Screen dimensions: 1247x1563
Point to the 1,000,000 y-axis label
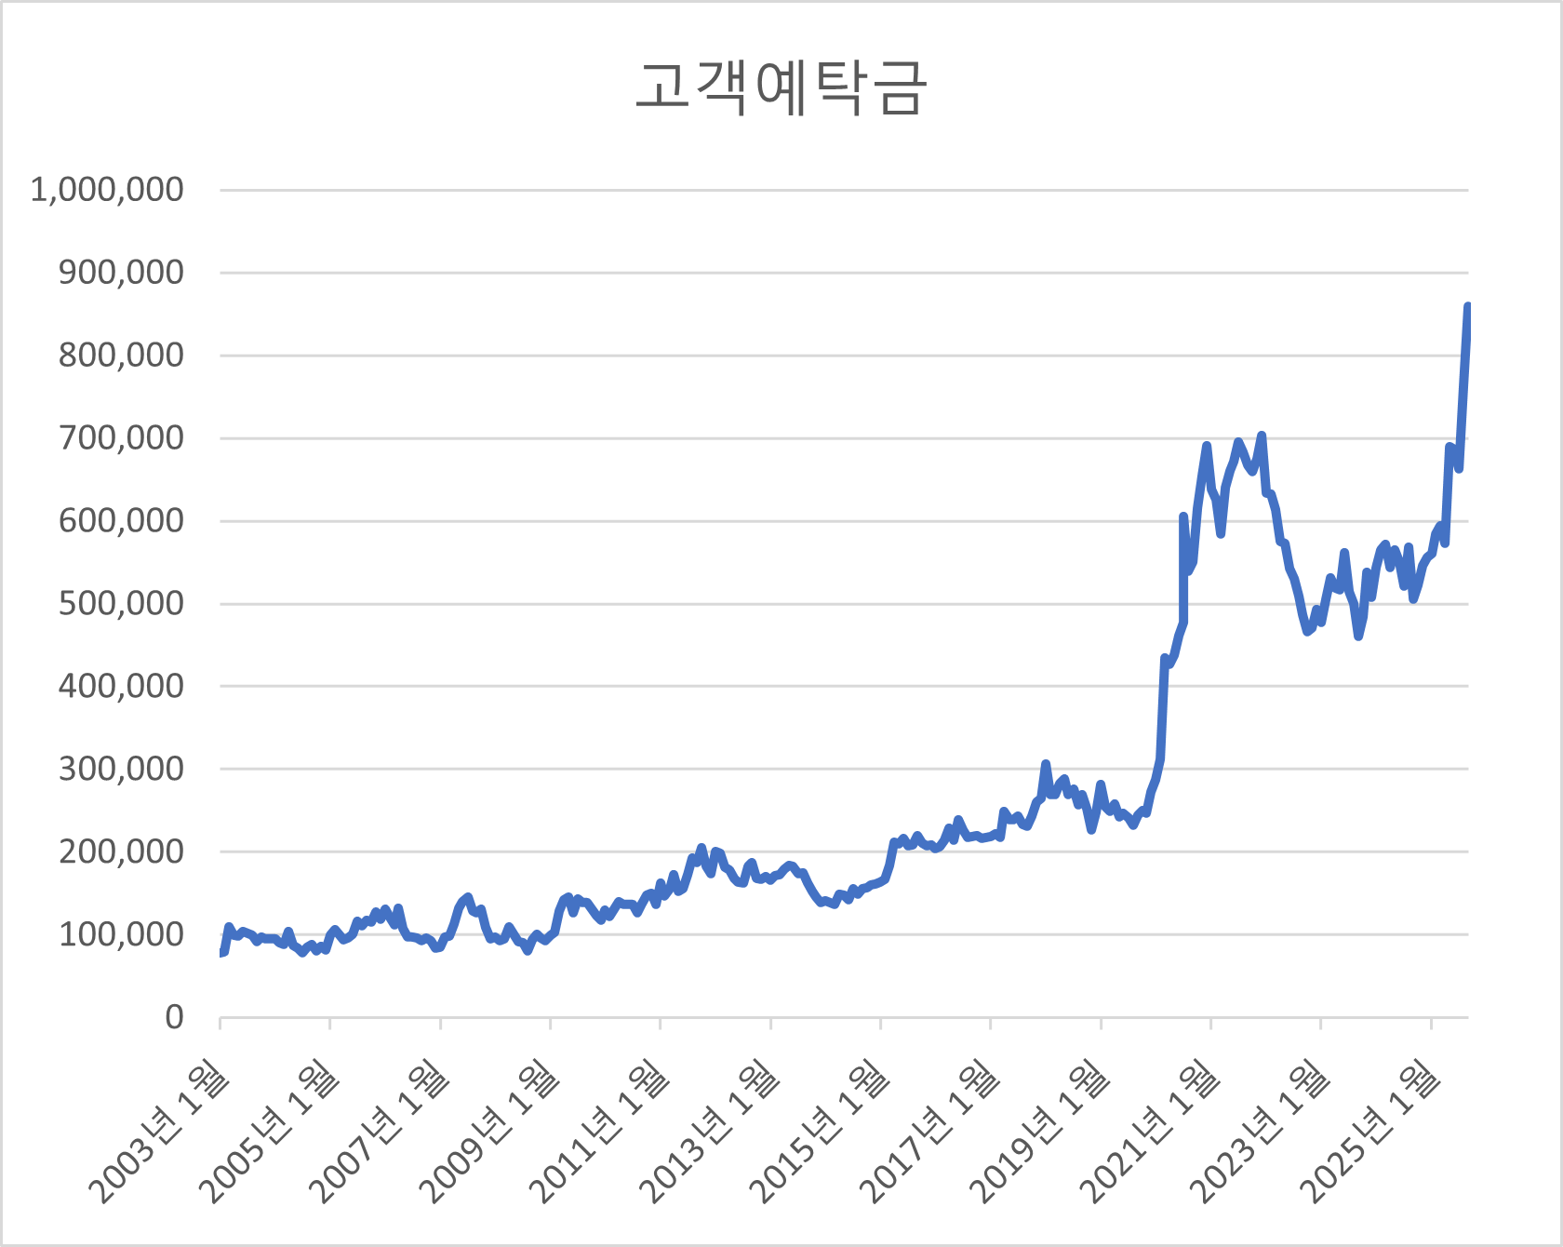pos(107,190)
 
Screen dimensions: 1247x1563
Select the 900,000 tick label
pos(121,273)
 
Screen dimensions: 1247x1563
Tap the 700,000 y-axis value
pos(121,437)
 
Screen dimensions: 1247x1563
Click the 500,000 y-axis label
pos(121,603)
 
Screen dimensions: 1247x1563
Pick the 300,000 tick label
pos(121,769)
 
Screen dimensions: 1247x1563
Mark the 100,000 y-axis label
pos(121,934)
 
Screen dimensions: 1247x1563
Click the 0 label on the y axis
pos(174,1017)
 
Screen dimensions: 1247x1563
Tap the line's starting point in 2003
pos(221,952)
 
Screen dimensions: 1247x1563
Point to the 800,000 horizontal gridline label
pos(121,355)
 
